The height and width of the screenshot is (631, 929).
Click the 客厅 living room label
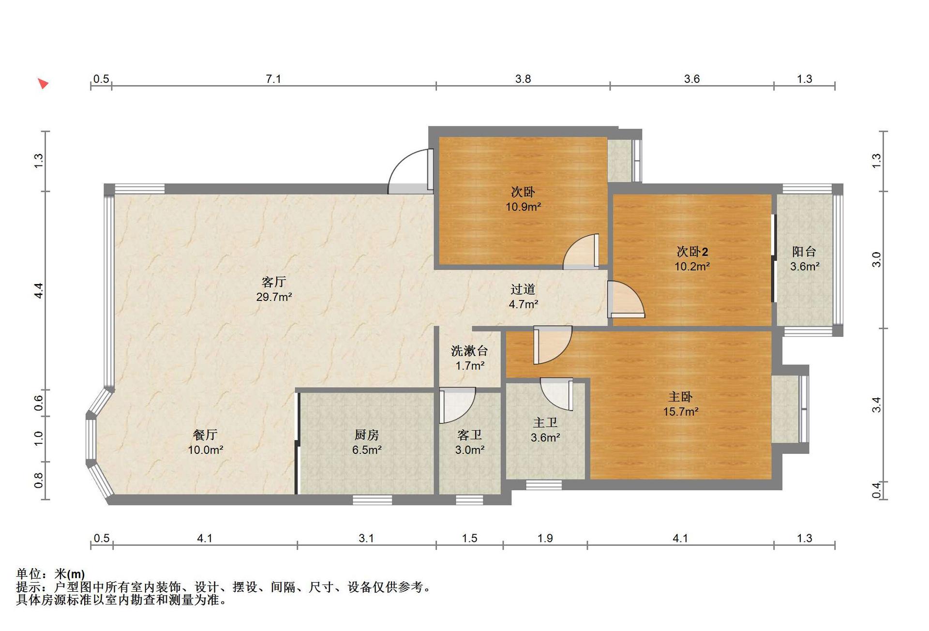[274, 282]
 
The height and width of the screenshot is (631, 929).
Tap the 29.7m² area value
[274, 297]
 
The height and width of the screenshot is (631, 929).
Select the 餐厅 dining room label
[205, 435]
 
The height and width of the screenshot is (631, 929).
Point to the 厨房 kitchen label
[366, 435]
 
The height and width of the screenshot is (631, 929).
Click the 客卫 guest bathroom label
[469, 435]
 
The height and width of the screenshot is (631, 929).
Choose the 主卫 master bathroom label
[545, 422]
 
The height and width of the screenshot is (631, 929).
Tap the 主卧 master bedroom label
[680, 397]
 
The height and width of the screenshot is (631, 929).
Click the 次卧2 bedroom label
[692, 251]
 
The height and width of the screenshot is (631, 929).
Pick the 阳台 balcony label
[804, 251]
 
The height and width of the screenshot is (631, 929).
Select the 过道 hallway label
[523, 289]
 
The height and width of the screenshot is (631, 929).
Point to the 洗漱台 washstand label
[469, 350]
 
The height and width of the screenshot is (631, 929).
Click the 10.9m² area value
[523, 207]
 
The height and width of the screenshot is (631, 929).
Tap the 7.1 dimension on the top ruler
[273, 79]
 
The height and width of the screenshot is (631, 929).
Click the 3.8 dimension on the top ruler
[523, 79]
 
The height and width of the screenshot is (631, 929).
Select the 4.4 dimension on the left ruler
[39, 290]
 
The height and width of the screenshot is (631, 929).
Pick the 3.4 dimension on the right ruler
[877, 405]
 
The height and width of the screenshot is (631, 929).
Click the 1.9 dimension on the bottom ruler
[545, 538]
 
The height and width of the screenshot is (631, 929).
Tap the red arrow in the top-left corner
[44, 84]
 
